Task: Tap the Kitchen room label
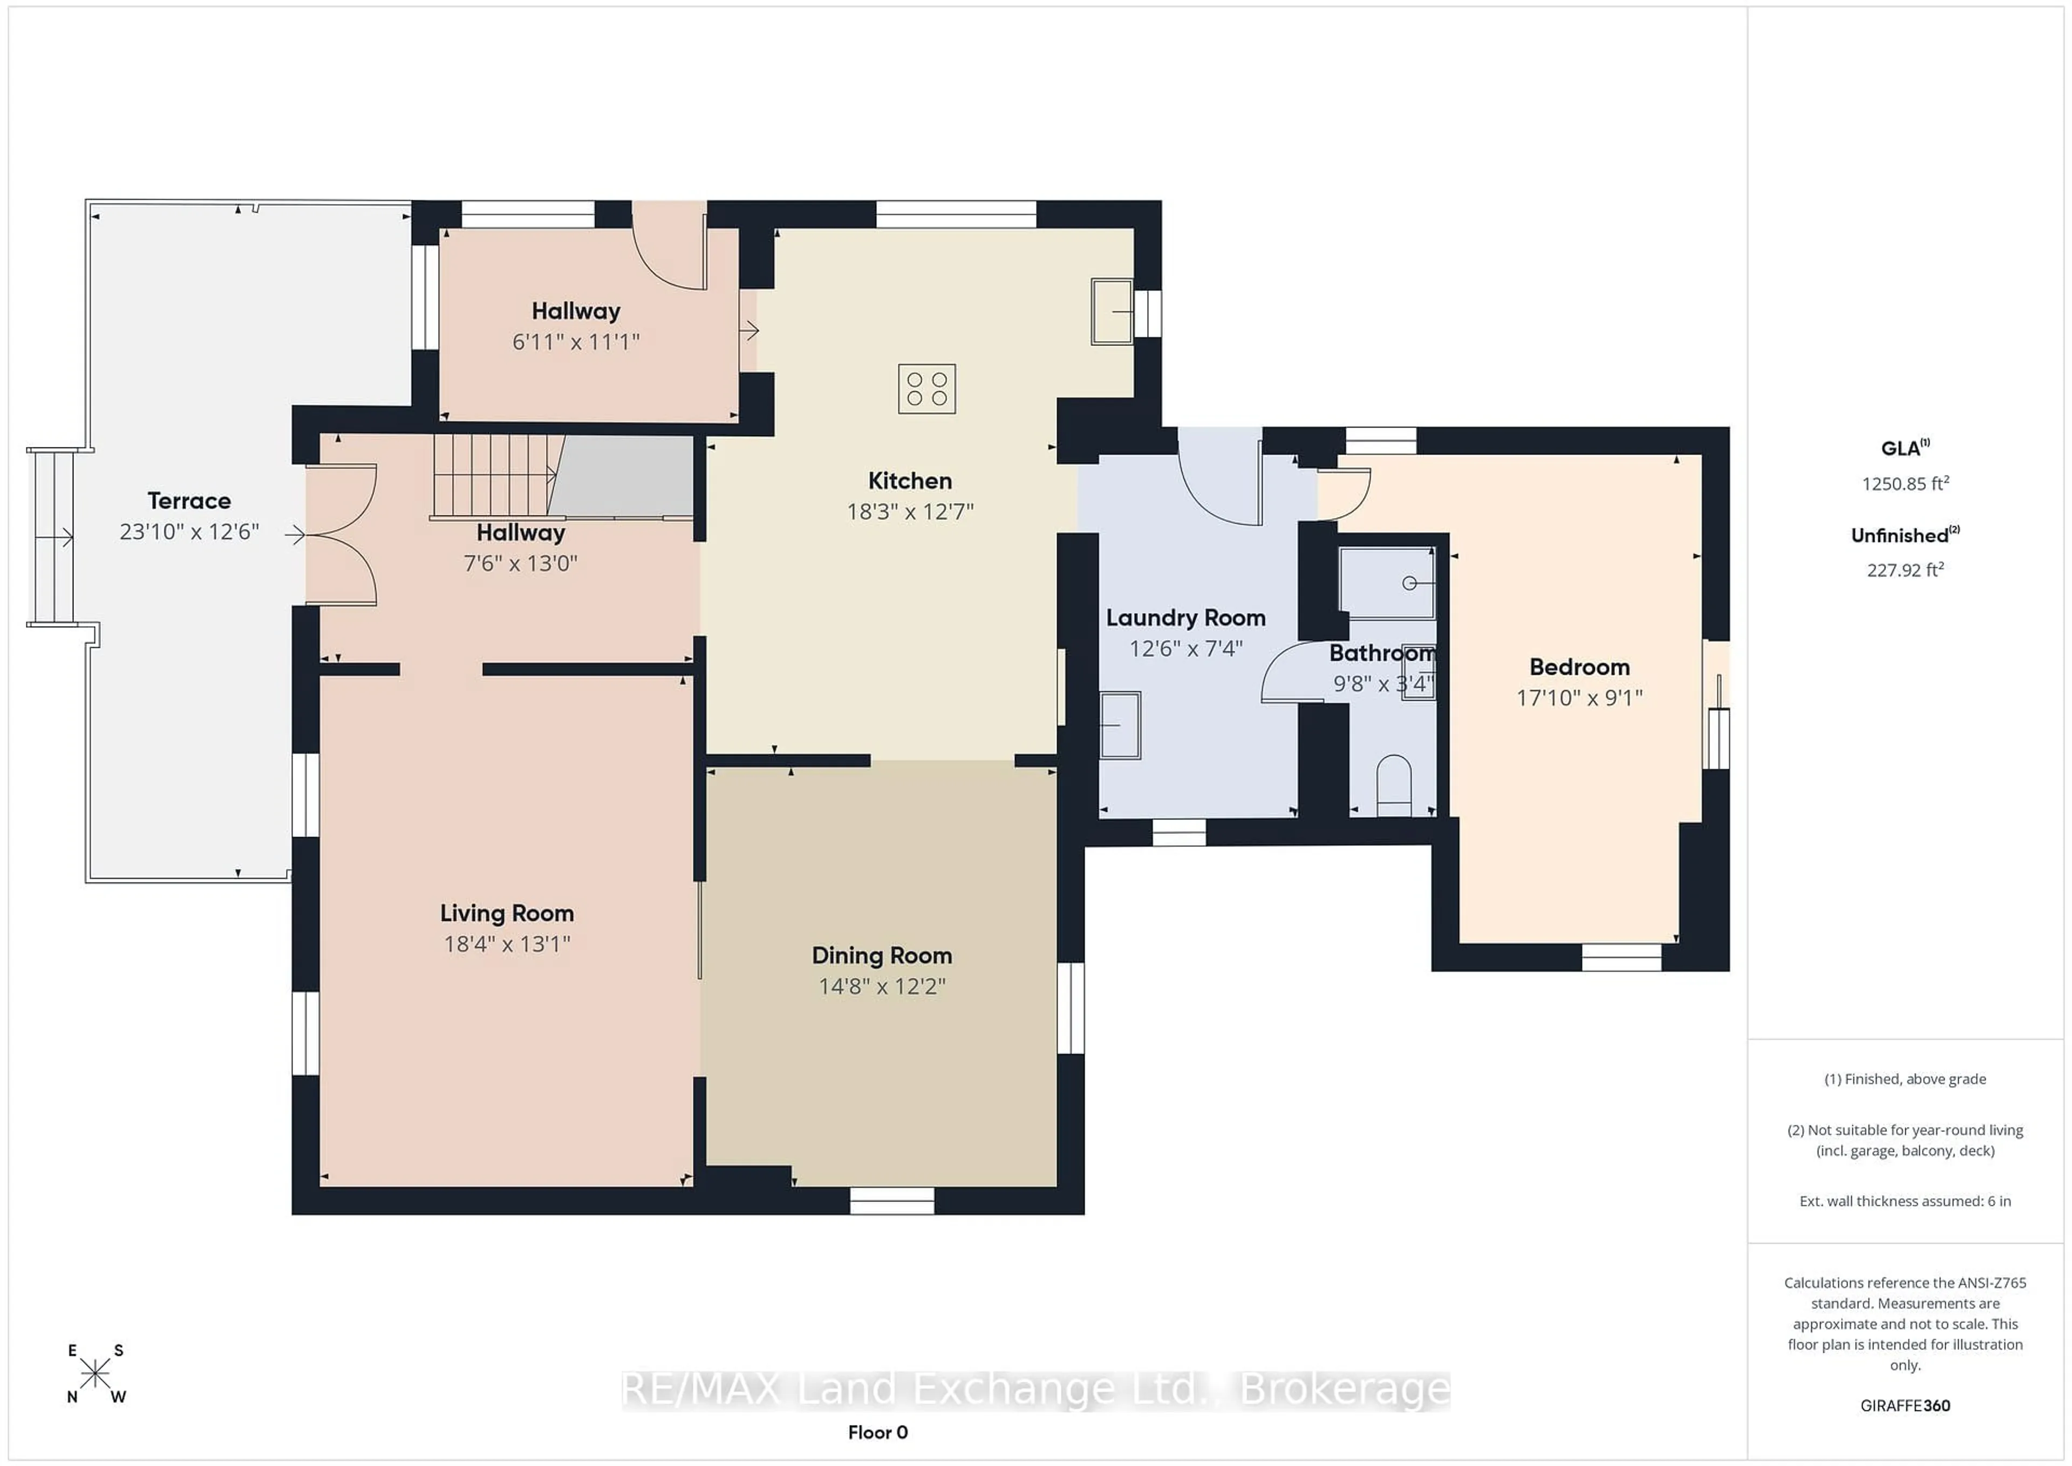point(910,481)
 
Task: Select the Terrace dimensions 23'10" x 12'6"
point(189,532)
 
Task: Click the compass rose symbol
point(95,1374)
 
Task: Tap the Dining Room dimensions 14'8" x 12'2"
point(882,987)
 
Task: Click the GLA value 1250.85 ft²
point(1905,484)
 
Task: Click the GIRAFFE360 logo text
point(1905,1406)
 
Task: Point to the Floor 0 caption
point(877,1433)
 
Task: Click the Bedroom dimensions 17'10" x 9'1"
point(1579,698)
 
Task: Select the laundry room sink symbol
point(1120,725)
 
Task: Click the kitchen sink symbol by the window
point(1112,311)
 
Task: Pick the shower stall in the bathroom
point(1387,583)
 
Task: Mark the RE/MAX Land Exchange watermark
point(1036,1389)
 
